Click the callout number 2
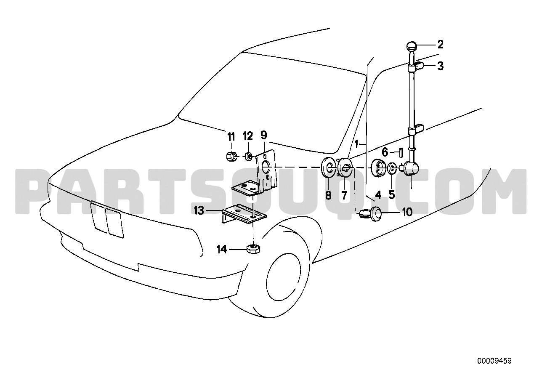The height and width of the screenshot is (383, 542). point(440,45)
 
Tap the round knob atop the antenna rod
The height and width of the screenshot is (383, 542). point(412,46)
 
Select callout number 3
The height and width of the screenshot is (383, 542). point(440,66)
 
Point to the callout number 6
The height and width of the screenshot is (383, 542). point(385,152)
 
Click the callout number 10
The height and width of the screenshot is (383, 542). point(407,212)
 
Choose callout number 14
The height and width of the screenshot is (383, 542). point(222,250)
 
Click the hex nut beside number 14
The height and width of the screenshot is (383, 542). point(253,249)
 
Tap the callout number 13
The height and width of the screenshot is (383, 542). point(199,211)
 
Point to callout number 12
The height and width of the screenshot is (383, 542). point(248,136)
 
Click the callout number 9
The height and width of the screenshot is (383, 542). point(264,135)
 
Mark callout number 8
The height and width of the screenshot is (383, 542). point(328,195)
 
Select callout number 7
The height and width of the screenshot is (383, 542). point(344,195)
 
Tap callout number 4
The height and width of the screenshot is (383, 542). point(378,195)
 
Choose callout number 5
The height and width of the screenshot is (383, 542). point(392,194)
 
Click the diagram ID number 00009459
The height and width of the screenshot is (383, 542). point(494,361)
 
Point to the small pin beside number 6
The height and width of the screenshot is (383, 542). point(401,153)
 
